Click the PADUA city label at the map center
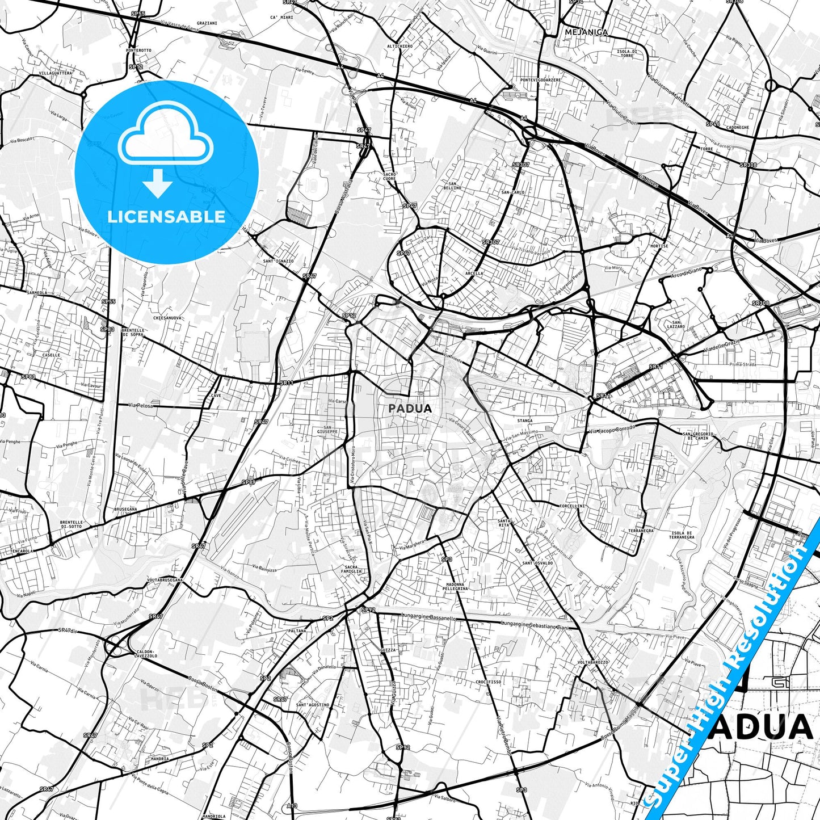click(410, 408)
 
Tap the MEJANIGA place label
click(586, 32)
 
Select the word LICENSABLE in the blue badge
click(166, 216)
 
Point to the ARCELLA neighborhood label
click(474, 273)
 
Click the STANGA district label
click(525, 420)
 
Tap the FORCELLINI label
click(571, 506)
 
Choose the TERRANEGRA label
click(641, 531)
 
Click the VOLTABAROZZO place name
click(593, 662)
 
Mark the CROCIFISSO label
click(488, 682)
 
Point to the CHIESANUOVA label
click(167, 318)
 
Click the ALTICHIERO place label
click(400, 46)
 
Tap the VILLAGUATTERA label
click(56, 73)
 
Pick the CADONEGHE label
click(737, 127)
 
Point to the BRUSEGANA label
click(125, 509)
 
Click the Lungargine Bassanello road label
click(427, 617)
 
